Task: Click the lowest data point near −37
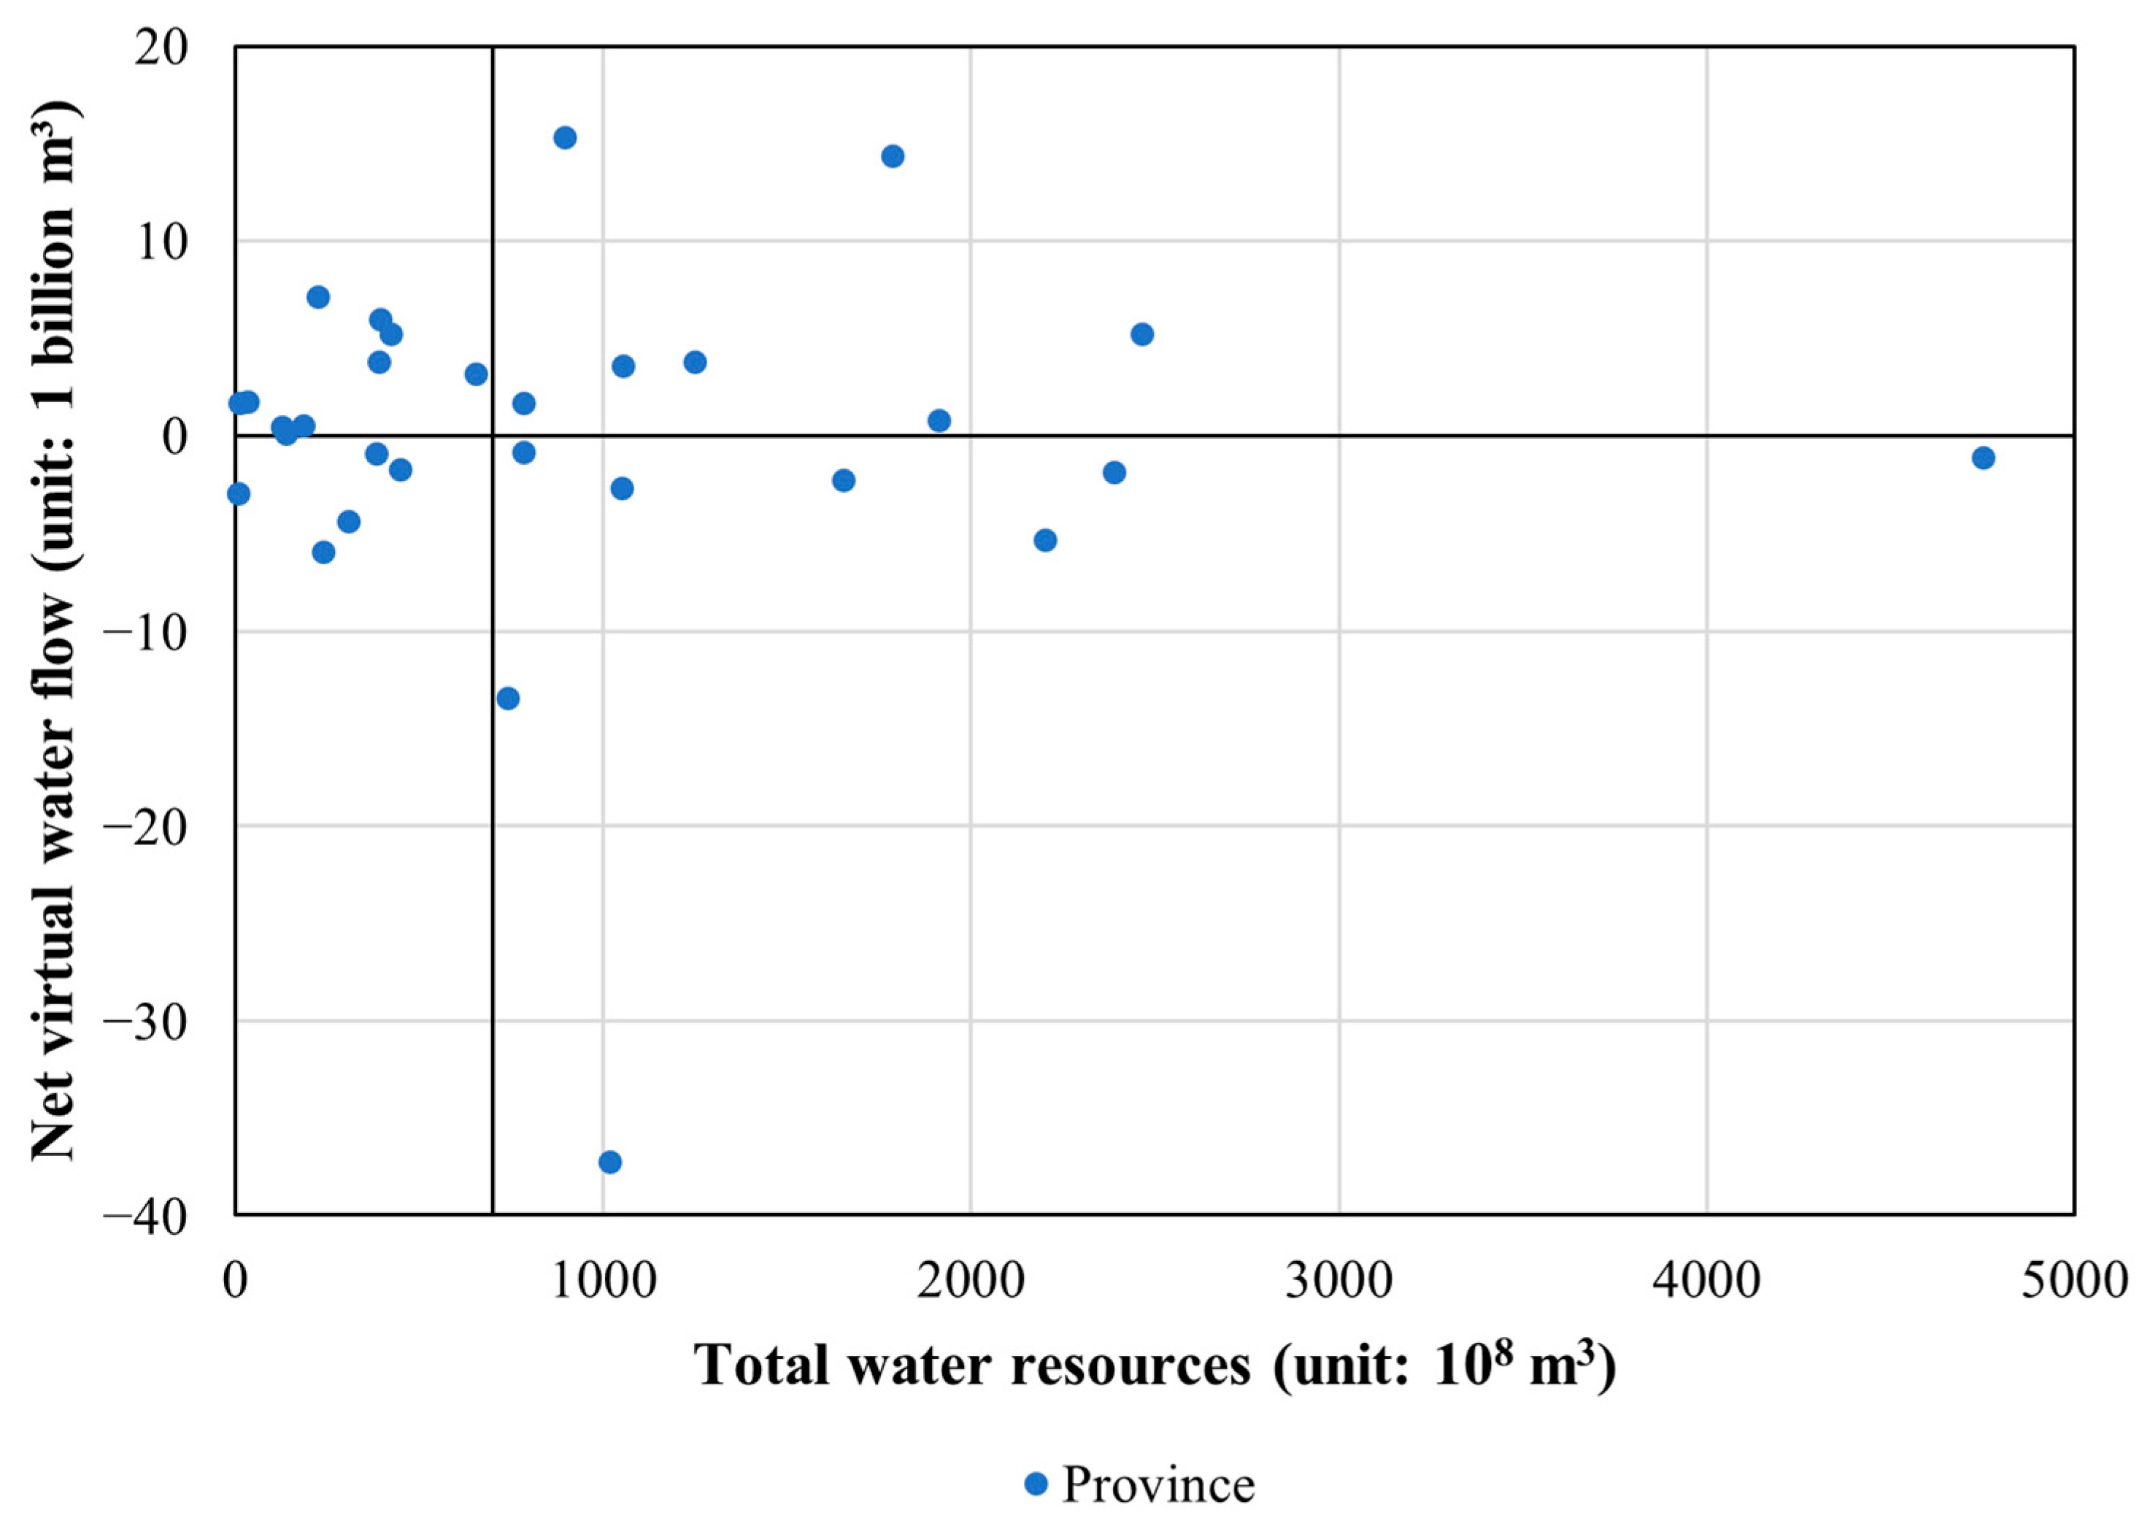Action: [x=610, y=1163]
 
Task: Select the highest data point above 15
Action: [x=565, y=138]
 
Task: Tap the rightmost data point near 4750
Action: [x=1984, y=458]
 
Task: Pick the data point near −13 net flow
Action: [x=509, y=698]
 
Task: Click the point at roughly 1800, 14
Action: [x=893, y=156]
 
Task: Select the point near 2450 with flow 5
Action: [x=1141, y=334]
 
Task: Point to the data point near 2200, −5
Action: [x=1045, y=540]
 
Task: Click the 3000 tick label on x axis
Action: [x=1338, y=1281]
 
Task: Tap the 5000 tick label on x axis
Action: [x=2074, y=1281]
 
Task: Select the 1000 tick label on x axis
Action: [x=602, y=1281]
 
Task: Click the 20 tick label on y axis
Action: [x=161, y=49]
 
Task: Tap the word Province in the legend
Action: [x=1157, y=1486]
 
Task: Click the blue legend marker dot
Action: [x=1036, y=1484]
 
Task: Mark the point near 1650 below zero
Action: [x=844, y=481]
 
